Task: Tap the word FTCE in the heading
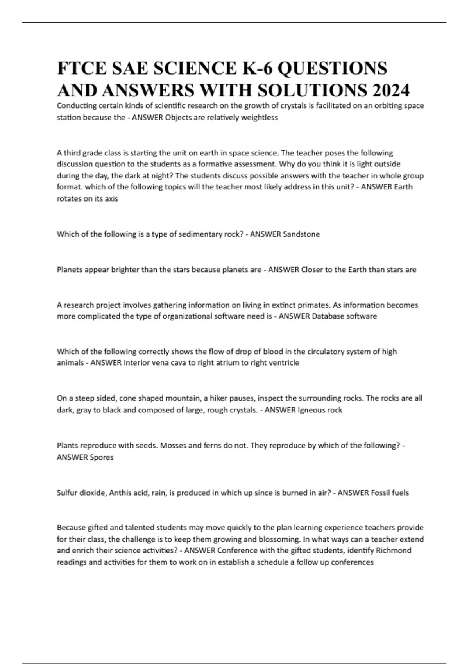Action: (81, 68)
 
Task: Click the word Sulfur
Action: (67, 493)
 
